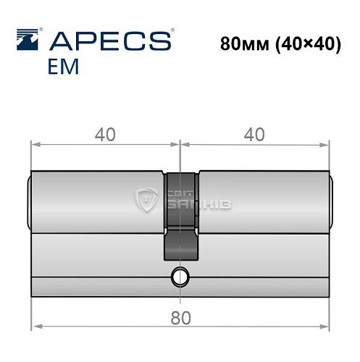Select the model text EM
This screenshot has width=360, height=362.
point(64,68)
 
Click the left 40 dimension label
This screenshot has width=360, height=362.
point(104,134)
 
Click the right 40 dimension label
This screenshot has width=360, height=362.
point(253,134)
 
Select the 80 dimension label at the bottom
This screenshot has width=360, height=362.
point(178,316)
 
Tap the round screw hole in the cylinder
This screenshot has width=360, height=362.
point(179,275)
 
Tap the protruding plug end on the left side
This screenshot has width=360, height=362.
point(30,199)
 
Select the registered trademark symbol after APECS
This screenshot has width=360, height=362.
point(171,31)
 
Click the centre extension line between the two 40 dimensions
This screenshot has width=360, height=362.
point(179,156)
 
